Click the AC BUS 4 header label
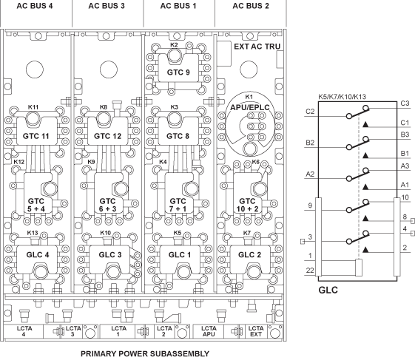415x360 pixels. pos(35,6)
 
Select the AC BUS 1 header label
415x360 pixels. pos(178,6)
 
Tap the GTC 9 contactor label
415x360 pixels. pos(178,72)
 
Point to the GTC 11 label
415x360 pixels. pos(36,136)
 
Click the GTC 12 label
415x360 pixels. pos(107,136)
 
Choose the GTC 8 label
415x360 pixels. pos(178,136)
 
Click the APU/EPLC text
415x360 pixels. pos(250,107)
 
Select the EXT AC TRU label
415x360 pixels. pos(257,47)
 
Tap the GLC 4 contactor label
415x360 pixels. pos(38,255)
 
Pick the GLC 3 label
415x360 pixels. pos(110,255)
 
